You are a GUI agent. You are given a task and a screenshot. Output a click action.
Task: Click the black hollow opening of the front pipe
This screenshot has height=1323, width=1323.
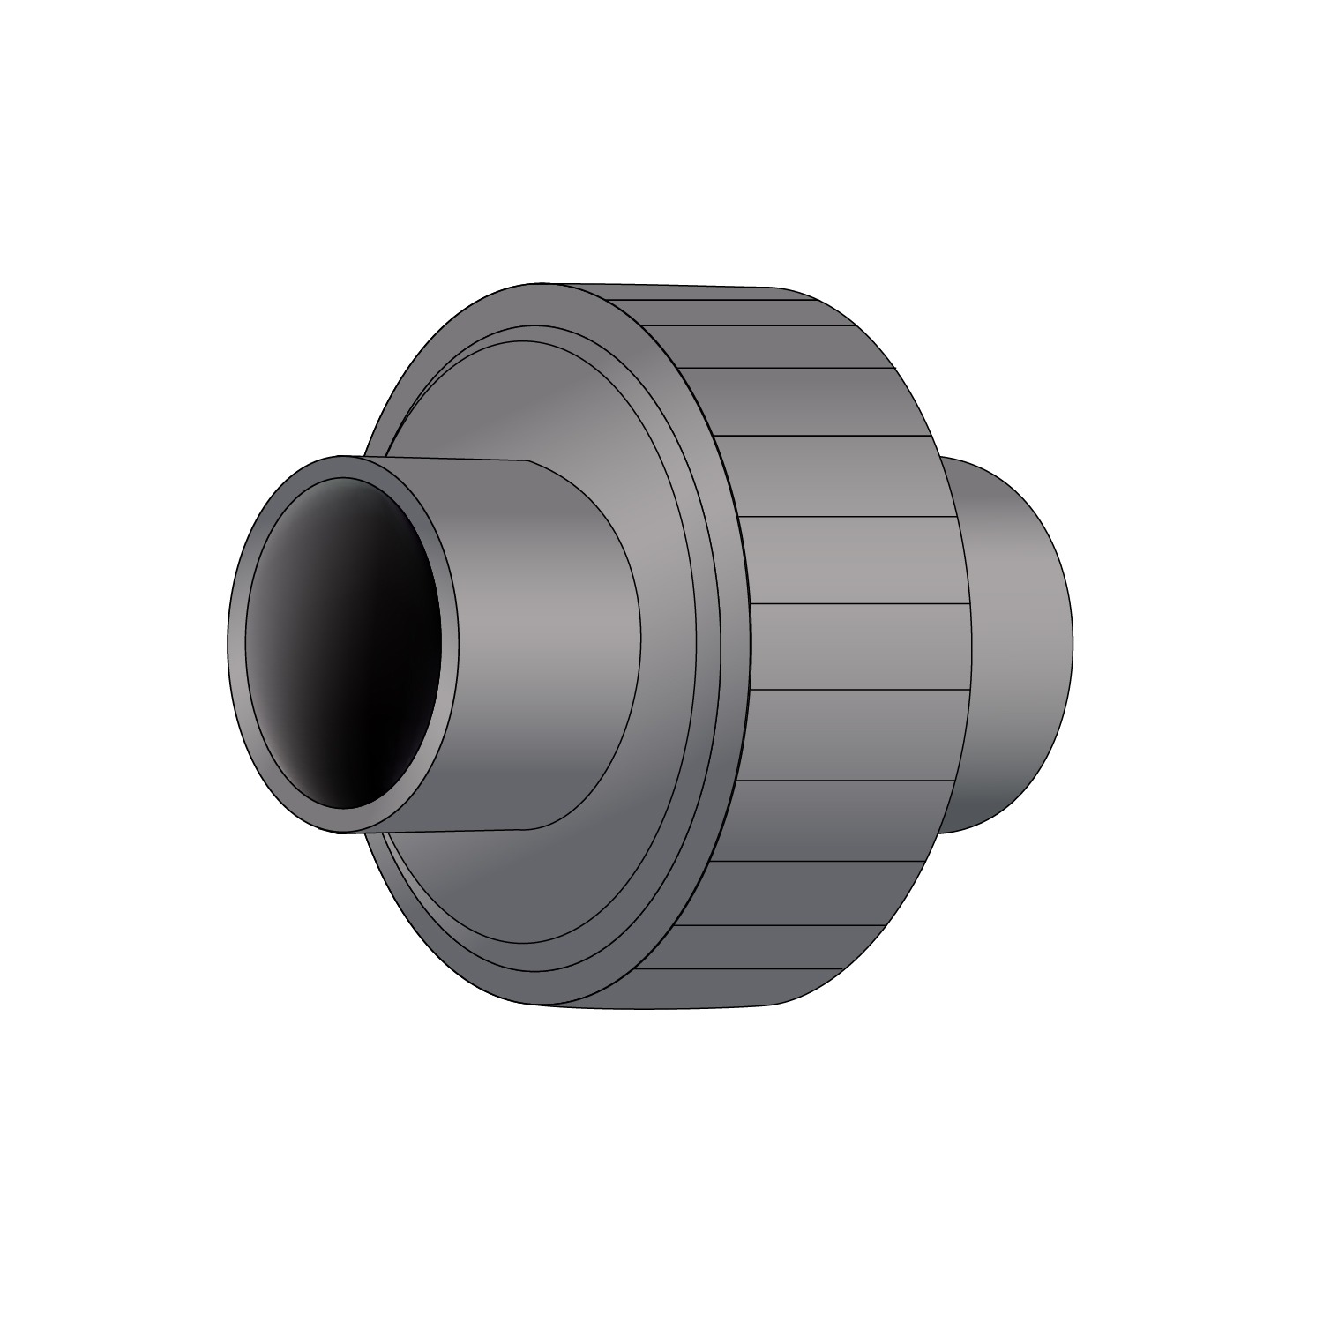pos(353,644)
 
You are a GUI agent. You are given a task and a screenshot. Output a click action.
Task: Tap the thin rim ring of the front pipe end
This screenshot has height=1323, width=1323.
pos(236,644)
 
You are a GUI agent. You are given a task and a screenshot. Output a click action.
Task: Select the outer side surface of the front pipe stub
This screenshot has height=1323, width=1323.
pos(529,617)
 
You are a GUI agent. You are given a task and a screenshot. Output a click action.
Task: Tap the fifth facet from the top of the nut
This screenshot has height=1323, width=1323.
pos(838,476)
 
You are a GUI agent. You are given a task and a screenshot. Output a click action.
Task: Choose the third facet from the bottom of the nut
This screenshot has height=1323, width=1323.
pos(794,893)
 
